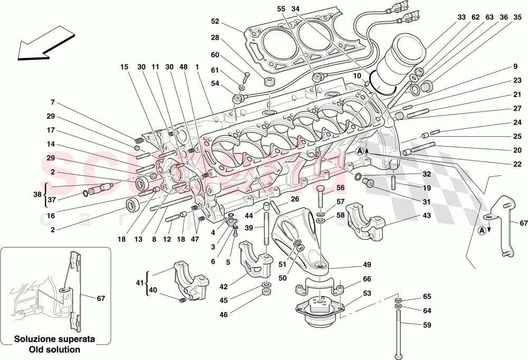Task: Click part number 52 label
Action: (215, 22)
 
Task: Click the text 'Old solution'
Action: (54, 349)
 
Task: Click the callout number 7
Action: (53, 102)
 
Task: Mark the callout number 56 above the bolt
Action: (340, 187)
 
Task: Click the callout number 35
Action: (518, 17)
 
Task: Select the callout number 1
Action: (197, 68)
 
